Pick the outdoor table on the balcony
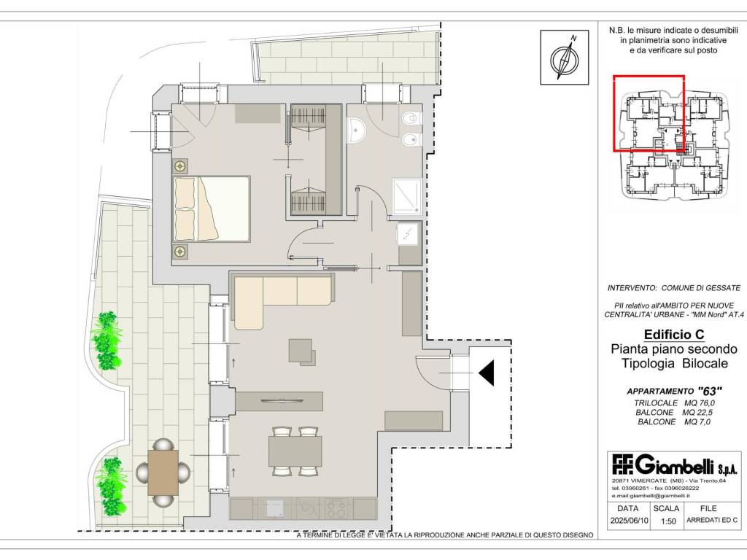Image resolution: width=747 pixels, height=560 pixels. coord(163,472)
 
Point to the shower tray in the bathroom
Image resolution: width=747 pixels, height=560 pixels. coord(407,195)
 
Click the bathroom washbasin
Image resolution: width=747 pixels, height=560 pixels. coord(356,131)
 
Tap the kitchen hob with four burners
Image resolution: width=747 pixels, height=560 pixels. coord(336,508)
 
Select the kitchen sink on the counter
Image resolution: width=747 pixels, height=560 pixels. coord(275,508)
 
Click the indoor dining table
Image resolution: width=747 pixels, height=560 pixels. coord(295,451)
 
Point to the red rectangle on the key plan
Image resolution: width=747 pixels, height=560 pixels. coord(649,113)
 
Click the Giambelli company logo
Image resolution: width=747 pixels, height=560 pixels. coord(675,465)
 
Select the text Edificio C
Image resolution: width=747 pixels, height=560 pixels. coord(674,334)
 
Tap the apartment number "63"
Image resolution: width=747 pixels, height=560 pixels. coord(709,392)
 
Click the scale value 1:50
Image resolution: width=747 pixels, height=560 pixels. coord(668,521)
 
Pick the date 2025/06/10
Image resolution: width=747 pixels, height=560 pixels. coord(629,521)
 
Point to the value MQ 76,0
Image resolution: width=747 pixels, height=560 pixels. coord(700,402)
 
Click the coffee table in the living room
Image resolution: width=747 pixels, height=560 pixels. coord(301,351)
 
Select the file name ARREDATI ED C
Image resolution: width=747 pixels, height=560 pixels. coord(712,521)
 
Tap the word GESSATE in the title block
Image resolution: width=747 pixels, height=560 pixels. coord(724,288)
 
